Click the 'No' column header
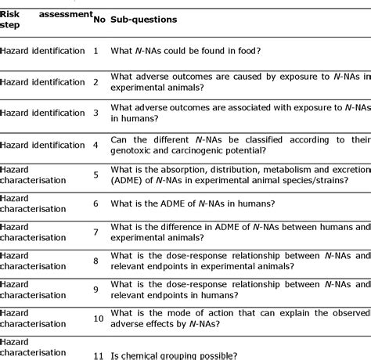tap(98, 18)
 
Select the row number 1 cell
tap(95, 51)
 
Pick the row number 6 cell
tap(95, 203)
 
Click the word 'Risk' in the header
tap(12, 13)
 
